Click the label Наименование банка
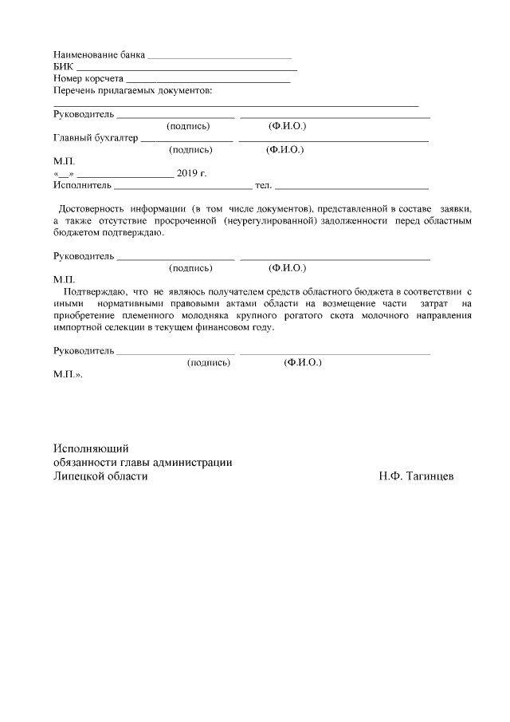coord(100,56)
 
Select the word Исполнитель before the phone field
coord(83,185)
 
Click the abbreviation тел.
coord(262,185)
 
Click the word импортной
coord(78,327)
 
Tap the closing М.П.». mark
coord(67,374)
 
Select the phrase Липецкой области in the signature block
coord(100,476)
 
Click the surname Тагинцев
coord(431,476)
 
